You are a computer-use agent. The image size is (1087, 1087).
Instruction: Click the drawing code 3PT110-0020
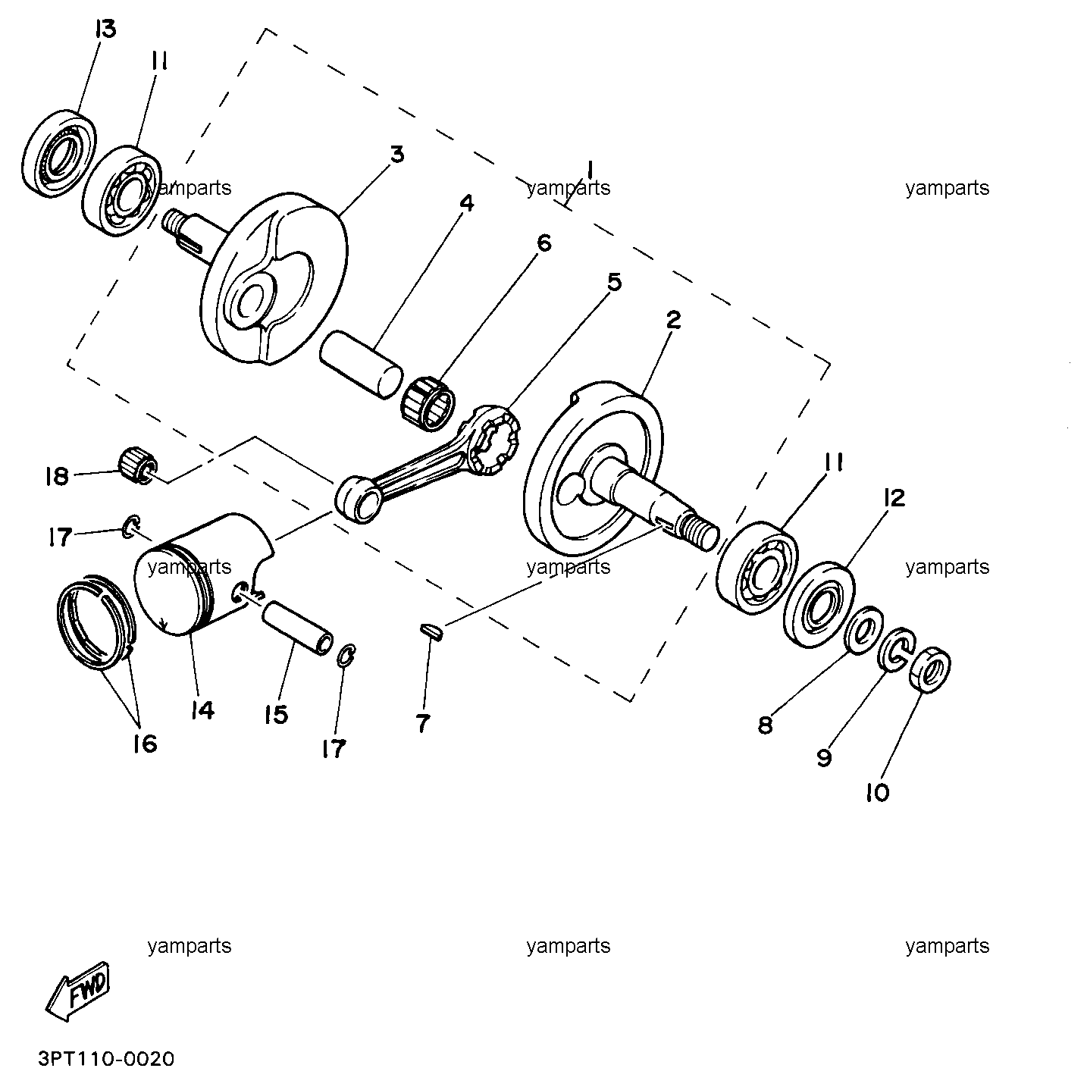[x=107, y=1059]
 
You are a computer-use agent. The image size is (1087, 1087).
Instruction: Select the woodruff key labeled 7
[x=432, y=631]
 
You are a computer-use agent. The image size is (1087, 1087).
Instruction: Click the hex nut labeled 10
[x=929, y=669]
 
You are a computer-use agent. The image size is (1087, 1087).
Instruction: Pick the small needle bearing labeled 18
[x=138, y=466]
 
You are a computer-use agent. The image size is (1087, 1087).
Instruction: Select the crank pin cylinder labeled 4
[x=362, y=365]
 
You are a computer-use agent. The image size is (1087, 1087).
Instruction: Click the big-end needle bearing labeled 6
[x=428, y=403]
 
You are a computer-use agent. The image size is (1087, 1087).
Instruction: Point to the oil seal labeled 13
[x=59, y=153]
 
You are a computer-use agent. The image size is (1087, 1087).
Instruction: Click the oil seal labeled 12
[x=819, y=604]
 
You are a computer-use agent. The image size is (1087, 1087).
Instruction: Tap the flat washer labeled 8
[x=865, y=631]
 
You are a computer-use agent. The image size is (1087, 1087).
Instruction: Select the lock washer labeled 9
[x=896, y=650]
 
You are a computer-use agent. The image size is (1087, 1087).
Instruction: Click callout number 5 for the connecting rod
[x=614, y=281]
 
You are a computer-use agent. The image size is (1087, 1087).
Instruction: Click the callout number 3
[x=398, y=153]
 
